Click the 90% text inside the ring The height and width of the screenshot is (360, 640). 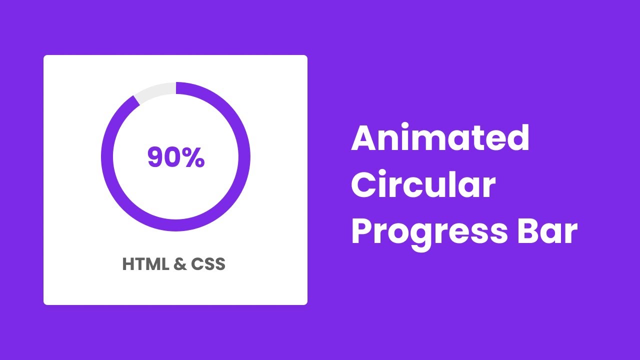[x=176, y=157]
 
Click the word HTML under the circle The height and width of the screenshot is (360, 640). [x=145, y=264]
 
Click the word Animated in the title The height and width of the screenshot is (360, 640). [x=440, y=138]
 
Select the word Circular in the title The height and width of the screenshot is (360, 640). [x=423, y=185]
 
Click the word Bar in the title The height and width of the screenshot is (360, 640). [x=547, y=231]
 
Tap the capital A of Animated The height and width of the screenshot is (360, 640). [x=363, y=138]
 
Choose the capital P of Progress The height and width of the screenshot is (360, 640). [x=362, y=231]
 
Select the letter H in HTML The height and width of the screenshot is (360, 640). [x=129, y=264]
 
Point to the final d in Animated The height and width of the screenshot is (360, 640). [x=518, y=138]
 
